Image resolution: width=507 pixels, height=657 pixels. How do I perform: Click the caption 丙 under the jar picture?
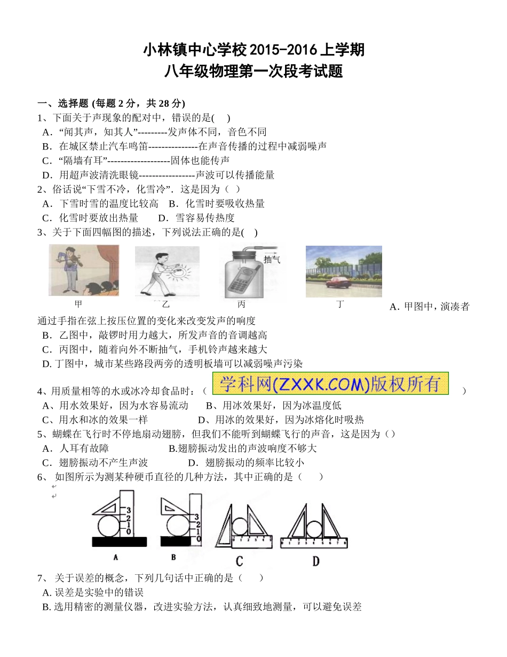[241, 304]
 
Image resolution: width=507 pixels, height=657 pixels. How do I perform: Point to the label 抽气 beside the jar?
[272, 259]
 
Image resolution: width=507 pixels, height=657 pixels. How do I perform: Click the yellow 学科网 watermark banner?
[330, 384]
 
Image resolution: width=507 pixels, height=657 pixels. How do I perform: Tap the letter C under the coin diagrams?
[239, 560]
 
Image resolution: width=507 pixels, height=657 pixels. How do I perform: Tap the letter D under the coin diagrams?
[316, 560]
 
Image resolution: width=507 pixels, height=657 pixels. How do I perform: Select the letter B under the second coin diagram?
[173, 557]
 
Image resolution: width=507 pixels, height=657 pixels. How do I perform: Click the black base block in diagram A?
[120, 542]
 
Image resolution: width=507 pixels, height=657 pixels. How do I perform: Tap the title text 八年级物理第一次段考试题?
[253, 71]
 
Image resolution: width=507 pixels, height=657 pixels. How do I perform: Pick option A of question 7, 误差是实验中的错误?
[93, 592]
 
